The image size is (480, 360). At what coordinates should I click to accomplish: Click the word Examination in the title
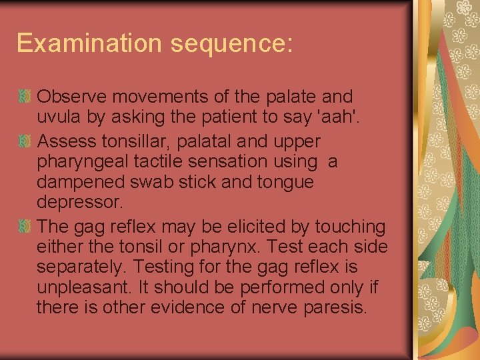point(90,43)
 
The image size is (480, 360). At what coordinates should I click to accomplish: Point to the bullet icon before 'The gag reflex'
point(26,227)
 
